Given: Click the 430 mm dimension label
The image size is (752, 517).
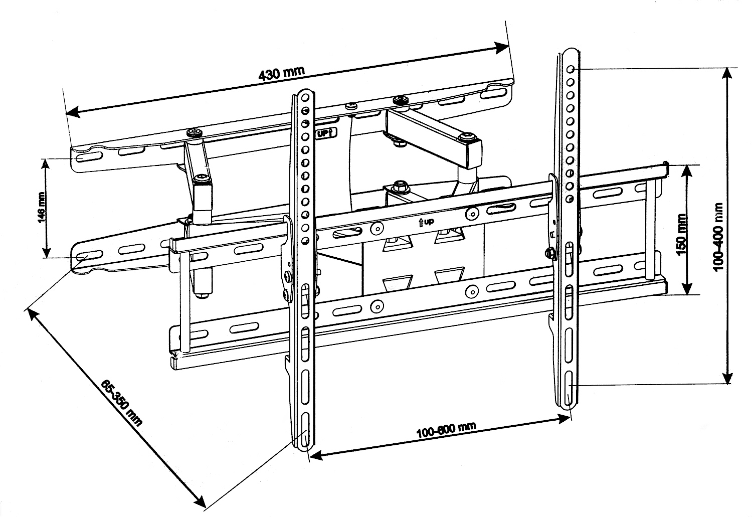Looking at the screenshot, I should point(281,74).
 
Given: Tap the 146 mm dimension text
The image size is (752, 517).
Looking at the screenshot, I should point(42,208).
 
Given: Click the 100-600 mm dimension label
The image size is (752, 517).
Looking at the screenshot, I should point(446,430).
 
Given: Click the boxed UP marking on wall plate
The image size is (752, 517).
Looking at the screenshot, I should point(328,134).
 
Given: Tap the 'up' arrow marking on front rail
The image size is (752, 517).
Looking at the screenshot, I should point(426,222).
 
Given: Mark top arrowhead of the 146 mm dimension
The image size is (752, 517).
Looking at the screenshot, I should point(46,165).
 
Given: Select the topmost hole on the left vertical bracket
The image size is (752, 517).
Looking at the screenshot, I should point(305,97).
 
